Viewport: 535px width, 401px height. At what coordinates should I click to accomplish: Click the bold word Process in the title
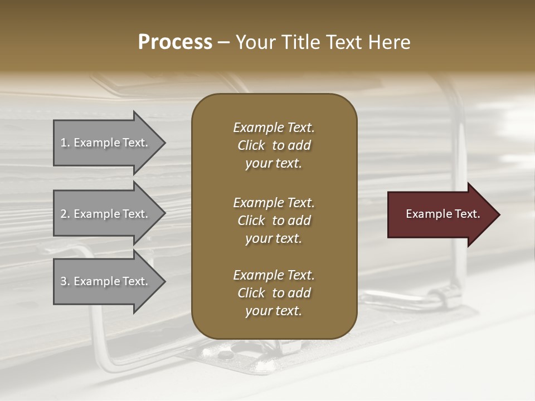coord(175,42)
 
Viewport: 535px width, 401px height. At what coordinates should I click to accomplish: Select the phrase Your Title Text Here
coord(323,42)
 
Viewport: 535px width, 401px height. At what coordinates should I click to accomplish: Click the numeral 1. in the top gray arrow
coord(65,143)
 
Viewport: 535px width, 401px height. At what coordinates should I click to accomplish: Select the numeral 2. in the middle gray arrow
coord(65,214)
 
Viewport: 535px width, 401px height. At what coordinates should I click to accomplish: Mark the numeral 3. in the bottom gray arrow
coord(65,281)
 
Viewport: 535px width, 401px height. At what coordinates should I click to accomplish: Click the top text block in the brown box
coord(274,145)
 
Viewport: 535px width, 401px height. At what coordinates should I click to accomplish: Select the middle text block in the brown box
coord(274,221)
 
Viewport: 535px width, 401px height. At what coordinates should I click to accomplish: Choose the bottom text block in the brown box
coord(274,293)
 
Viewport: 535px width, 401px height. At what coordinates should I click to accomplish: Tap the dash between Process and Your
coord(223,42)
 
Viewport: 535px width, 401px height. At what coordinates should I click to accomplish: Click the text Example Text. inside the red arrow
coord(442,214)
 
